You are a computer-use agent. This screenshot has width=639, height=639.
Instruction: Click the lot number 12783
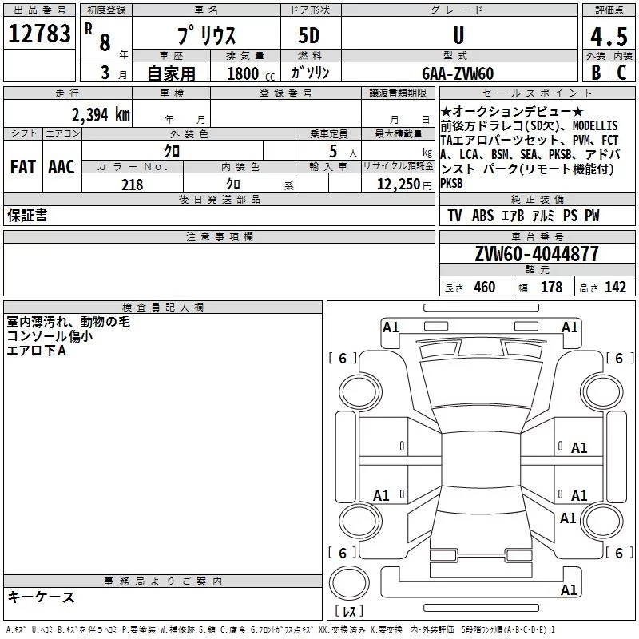coord(39,34)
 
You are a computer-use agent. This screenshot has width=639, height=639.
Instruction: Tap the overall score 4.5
coord(609,36)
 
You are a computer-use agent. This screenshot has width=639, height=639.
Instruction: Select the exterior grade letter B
coord(596,73)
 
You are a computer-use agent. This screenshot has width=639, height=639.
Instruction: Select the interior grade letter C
coord(621,73)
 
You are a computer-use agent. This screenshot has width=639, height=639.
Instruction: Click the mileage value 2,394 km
coord(101,115)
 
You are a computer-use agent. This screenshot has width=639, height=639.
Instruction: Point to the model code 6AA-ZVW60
coord(458,73)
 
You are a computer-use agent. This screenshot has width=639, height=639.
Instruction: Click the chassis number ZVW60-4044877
coord(537,254)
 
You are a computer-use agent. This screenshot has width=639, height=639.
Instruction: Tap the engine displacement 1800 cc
coord(251,73)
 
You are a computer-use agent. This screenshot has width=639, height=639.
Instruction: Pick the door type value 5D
coord(309,35)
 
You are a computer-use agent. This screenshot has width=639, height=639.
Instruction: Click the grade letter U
coord(458,35)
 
